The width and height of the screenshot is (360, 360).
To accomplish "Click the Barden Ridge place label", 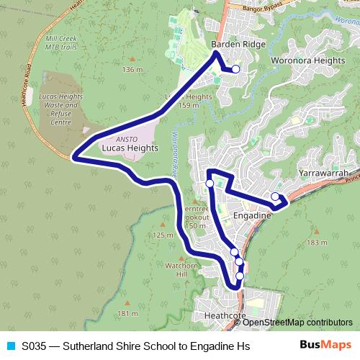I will (x=238, y=45).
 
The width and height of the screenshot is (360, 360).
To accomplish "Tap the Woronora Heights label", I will (x=307, y=60).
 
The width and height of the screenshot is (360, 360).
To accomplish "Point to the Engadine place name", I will (x=252, y=215).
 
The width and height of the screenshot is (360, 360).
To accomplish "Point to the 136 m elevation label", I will (x=133, y=70).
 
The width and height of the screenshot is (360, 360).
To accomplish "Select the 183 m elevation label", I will (x=317, y=243).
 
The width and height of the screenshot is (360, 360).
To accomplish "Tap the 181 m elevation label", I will (x=127, y=314).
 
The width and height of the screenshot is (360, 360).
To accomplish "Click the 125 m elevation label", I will (x=163, y=235).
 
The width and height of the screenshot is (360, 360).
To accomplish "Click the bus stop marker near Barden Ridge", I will (x=235, y=69).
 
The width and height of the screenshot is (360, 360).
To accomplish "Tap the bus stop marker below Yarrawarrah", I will (x=275, y=196).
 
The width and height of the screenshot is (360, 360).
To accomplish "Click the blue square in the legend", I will (x=10, y=346).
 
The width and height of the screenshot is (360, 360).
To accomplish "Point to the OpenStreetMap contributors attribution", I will (x=297, y=323).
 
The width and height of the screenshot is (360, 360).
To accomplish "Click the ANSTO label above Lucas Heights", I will (x=116, y=138).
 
